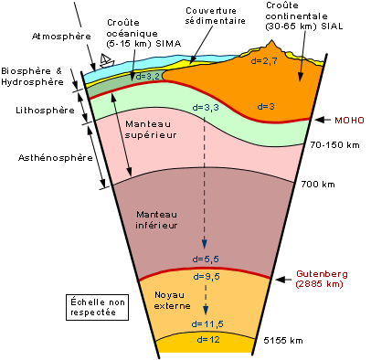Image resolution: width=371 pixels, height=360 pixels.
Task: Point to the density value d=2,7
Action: (x=263, y=60)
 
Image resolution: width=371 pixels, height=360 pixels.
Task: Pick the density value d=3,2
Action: (x=147, y=78)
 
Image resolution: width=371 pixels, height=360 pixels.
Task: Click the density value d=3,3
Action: (x=207, y=107)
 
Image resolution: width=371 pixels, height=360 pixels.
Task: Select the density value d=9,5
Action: (x=204, y=275)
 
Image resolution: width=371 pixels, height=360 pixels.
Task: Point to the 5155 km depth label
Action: (x=283, y=341)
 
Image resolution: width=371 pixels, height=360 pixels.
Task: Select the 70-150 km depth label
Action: (x=332, y=145)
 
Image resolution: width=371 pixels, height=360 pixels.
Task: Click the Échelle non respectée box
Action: (x=98, y=306)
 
